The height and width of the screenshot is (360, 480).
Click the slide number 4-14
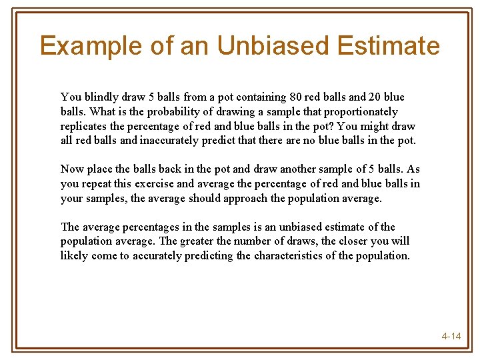[x=451, y=336]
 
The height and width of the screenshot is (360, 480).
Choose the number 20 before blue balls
[x=369, y=97]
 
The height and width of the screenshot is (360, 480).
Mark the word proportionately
[x=357, y=112]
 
